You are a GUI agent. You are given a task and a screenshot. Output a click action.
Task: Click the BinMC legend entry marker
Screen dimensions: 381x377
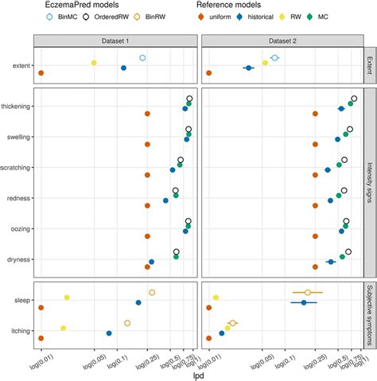[x=51, y=16]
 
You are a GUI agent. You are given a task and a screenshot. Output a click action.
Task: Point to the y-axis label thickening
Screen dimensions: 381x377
[x=17, y=107]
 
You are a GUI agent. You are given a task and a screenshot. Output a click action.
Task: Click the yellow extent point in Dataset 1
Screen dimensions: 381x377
[x=94, y=63]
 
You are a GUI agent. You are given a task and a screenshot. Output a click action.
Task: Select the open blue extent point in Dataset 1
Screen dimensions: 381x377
[x=142, y=58]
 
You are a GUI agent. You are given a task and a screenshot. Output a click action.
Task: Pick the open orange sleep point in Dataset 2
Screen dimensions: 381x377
[x=308, y=293]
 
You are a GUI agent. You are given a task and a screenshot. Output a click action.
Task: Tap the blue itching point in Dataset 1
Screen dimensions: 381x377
[x=109, y=333]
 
